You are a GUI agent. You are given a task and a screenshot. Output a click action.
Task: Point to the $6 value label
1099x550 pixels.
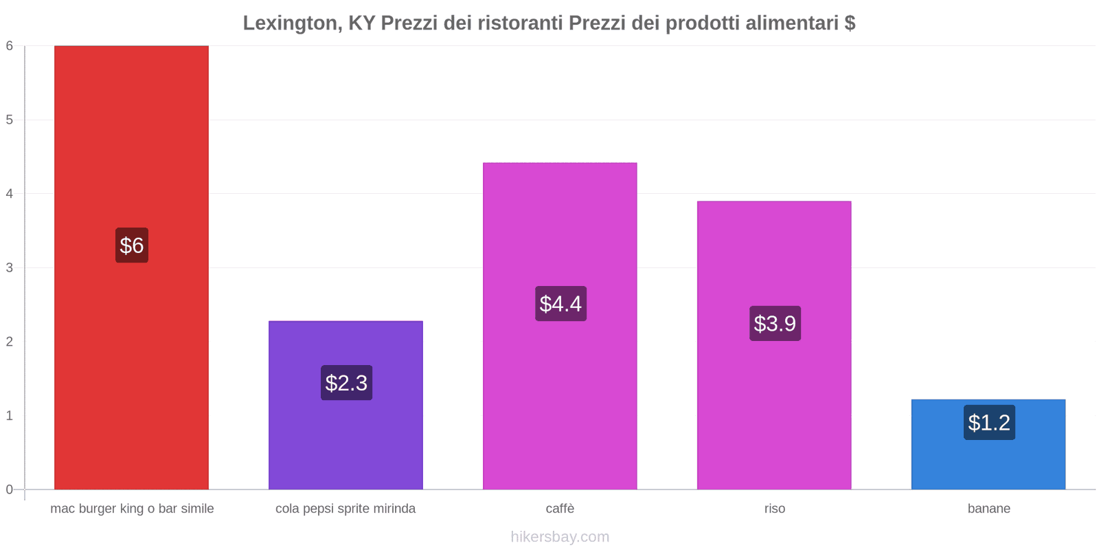point(132,245)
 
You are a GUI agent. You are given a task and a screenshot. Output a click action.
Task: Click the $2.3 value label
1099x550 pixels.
point(346,383)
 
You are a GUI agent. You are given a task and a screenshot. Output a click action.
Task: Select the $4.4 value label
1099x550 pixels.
point(560,304)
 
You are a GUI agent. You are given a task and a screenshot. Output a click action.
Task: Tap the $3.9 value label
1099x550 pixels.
point(775,323)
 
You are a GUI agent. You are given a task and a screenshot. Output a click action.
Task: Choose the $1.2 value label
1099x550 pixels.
point(989,422)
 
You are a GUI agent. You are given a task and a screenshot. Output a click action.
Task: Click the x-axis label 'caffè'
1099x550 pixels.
point(560,509)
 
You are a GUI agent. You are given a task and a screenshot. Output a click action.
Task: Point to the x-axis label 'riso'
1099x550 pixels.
point(774,509)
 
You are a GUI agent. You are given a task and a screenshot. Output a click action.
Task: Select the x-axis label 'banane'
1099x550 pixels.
point(988,509)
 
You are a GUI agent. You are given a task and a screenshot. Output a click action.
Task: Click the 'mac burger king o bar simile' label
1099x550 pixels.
point(132,509)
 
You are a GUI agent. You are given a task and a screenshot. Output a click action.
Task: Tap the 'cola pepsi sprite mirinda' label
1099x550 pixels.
point(345,509)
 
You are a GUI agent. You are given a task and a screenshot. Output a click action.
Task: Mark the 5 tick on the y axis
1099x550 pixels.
point(10,120)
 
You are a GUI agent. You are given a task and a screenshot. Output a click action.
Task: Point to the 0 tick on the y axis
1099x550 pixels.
point(10,489)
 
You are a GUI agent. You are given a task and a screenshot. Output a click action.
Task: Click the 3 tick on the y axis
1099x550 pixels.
point(10,267)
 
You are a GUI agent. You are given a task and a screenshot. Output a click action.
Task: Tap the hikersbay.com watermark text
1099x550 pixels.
point(560,537)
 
